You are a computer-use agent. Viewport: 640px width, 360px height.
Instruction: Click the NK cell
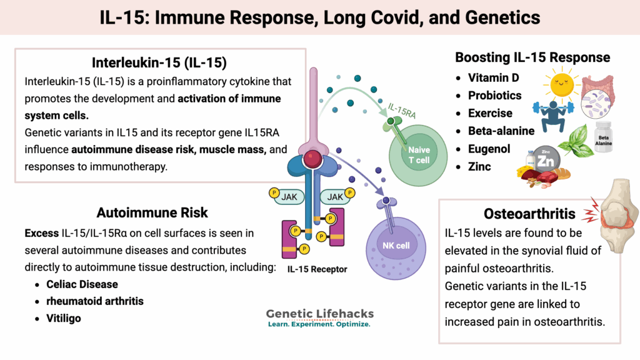[396, 244]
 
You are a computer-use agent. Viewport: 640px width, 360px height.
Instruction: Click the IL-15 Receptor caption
[317, 270]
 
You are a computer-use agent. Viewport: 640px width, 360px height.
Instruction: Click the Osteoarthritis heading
[529, 214]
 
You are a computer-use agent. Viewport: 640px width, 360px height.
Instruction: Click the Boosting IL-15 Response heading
[532, 57]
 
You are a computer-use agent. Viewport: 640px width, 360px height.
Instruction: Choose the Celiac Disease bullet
[82, 284]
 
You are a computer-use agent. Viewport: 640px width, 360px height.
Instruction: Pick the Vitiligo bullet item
[64, 318]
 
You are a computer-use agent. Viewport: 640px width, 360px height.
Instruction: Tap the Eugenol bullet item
[489, 149]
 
